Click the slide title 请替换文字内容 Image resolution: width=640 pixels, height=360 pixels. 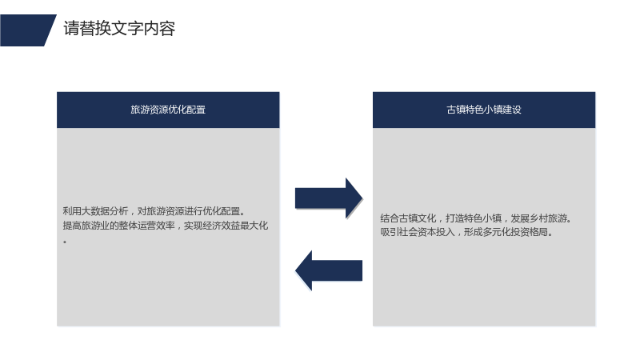[119, 29]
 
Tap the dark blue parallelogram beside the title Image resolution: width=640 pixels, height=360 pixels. [27, 30]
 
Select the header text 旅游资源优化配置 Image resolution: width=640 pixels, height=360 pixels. [168, 110]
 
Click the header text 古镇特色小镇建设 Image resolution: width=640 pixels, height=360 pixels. [484, 110]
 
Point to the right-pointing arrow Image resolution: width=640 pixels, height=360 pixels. [329, 198]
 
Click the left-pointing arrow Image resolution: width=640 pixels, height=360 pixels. [329, 270]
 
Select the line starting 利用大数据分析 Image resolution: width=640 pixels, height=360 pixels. [154, 211]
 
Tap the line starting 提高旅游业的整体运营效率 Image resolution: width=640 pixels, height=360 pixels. [166, 226]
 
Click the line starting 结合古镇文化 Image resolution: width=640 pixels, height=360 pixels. [476, 218]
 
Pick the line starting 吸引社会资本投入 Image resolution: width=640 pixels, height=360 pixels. [466, 232]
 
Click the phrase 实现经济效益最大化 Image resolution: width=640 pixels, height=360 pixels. [226, 226]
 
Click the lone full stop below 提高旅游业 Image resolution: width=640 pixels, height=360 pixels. [65, 242]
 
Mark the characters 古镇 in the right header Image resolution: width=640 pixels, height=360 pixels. [456, 110]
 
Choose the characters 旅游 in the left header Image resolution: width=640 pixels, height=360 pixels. [140, 110]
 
